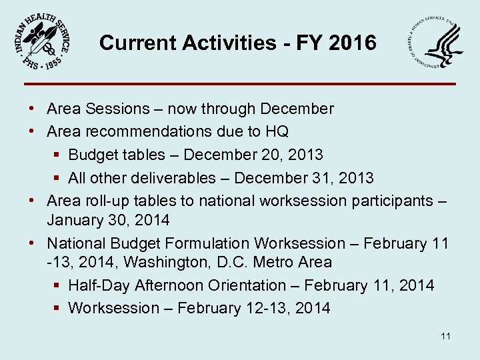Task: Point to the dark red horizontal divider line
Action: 240,84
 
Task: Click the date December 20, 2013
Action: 253,155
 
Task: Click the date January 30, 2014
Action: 108,220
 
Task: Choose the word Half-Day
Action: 99,285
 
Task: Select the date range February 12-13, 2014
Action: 254,308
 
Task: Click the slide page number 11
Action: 445,336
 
